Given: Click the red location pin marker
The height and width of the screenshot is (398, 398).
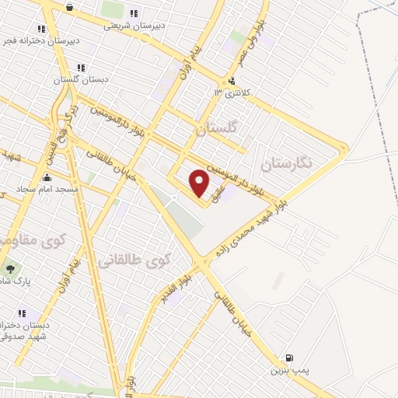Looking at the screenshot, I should (200, 183).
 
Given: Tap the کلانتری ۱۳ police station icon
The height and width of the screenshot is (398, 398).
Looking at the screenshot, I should (231, 81).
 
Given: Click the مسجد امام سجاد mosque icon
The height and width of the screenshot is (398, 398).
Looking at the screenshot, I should (47, 178).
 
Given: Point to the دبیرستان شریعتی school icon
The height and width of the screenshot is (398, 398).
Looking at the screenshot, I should (133, 13).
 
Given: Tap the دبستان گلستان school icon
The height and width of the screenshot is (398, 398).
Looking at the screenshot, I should (81, 68).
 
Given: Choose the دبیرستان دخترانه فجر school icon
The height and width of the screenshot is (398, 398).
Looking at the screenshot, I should (41, 29).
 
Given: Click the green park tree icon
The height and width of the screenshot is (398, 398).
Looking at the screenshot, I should (10, 269).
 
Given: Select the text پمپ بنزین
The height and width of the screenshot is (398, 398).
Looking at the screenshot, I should (295, 371).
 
